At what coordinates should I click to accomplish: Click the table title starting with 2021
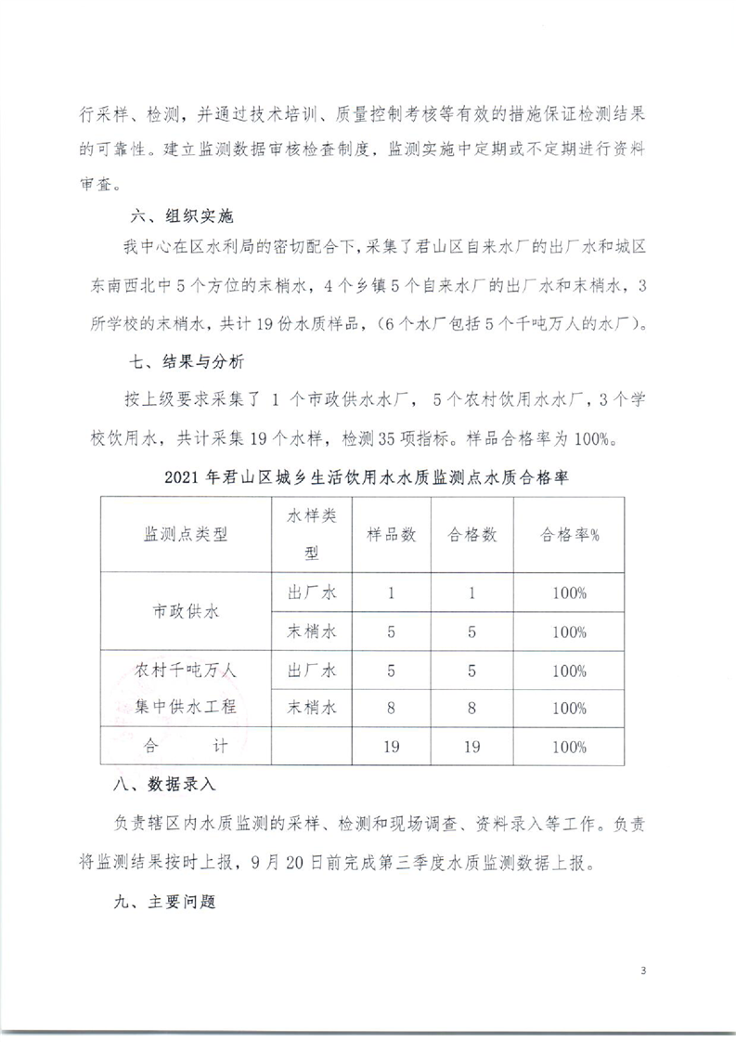click(366, 476)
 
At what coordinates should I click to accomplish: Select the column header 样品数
click(391, 535)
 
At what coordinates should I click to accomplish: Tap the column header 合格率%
click(570, 535)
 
